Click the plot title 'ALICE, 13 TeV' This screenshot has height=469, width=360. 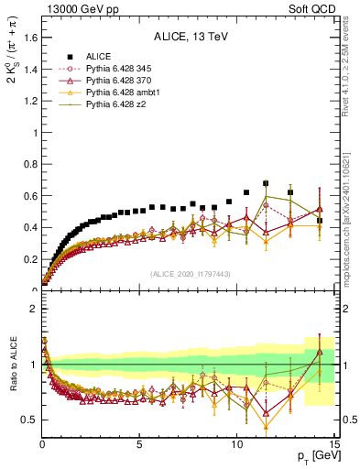189,38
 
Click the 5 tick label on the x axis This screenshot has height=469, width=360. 139,446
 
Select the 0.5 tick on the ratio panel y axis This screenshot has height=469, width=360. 28,420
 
